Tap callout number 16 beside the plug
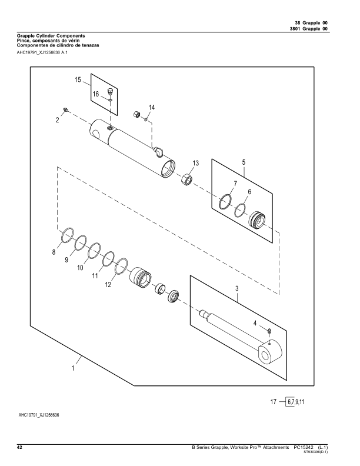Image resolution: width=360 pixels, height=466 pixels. coord(95,94)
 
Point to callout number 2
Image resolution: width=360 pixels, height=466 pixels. coord(58,119)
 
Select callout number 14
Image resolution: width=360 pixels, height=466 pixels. coord(152,108)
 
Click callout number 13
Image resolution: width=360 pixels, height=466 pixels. coord(196,163)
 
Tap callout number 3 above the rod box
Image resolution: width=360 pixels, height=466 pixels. coord(236,289)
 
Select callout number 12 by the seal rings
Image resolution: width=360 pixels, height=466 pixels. coord(108,285)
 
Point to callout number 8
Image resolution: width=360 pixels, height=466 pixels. coord(55,252)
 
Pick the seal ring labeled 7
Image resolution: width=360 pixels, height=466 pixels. coord(225,202)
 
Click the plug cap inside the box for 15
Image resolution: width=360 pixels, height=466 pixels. coord(110,92)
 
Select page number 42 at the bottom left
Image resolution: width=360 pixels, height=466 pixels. coord(19,448)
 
